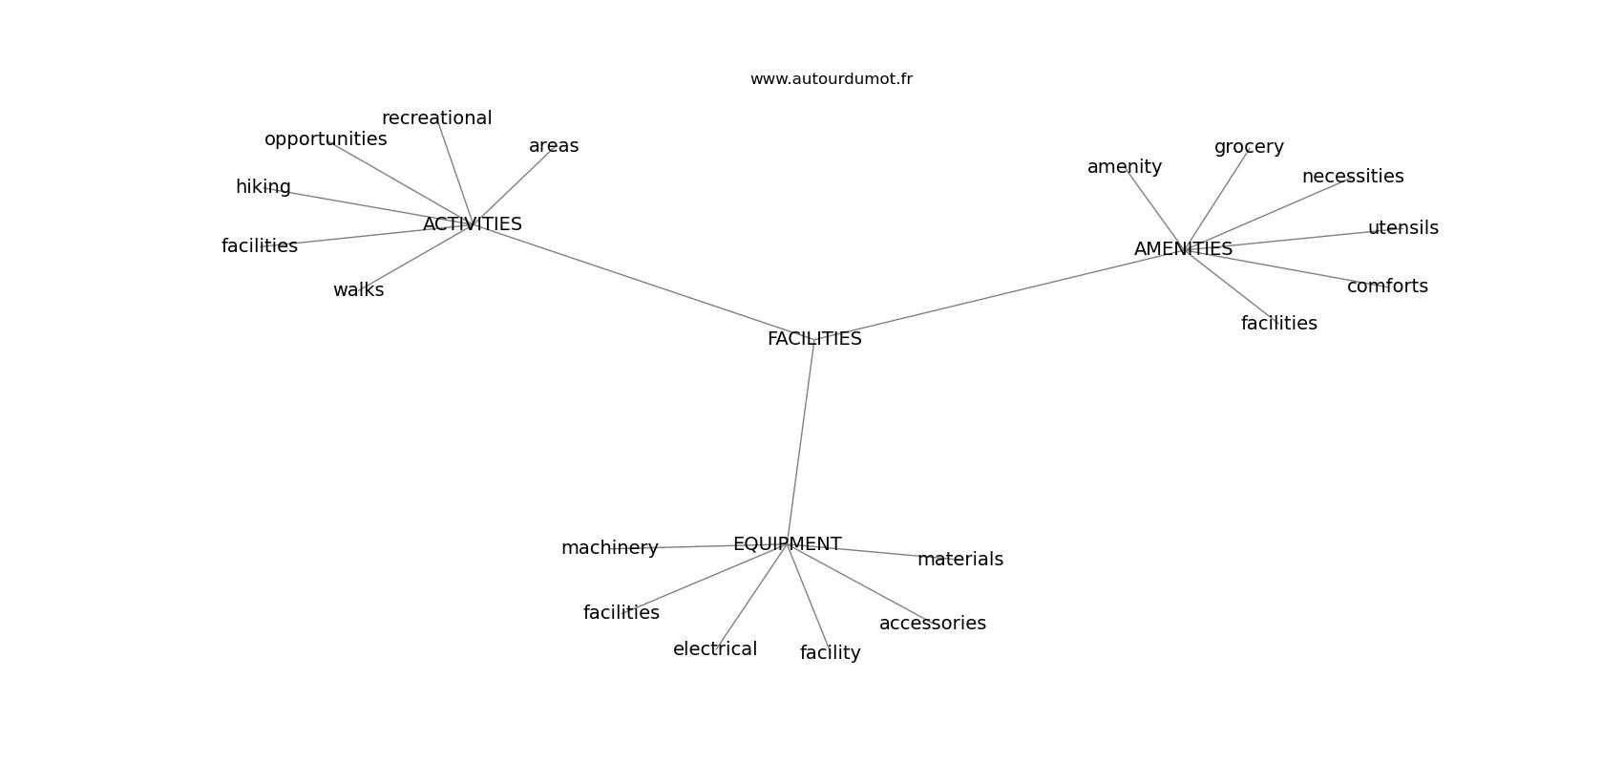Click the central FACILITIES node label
(814, 338)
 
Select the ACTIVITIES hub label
(473, 224)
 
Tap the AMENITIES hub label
(1183, 248)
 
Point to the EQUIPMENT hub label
(788, 543)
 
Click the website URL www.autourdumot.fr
(831, 79)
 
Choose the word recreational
(437, 117)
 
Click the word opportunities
(326, 139)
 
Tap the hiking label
(263, 187)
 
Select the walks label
(359, 290)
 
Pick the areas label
(554, 146)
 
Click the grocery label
(1249, 147)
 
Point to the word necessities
(1353, 176)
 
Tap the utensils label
(1403, 227)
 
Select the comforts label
(1387, 286)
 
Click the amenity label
(1125, 167)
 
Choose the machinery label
(610, 548)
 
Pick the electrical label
(715, 648)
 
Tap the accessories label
(933, 624)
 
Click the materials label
(960, 560)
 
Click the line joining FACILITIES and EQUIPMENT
(801, 441)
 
